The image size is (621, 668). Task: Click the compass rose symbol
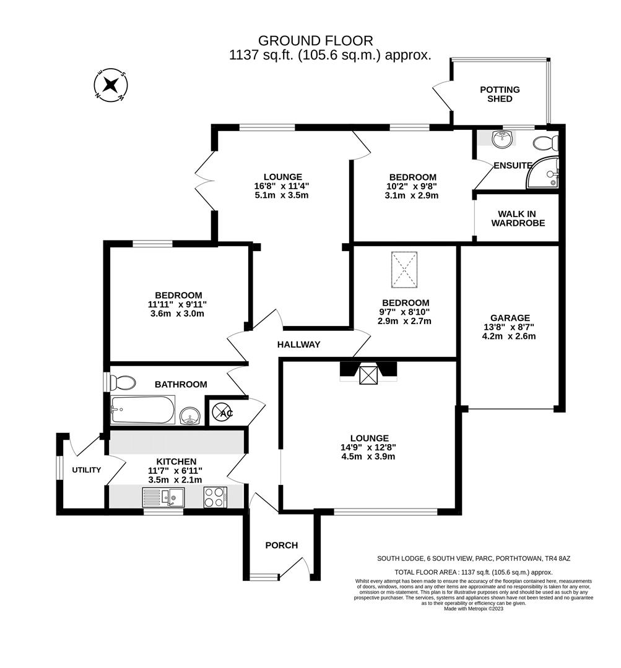pyautogui.click(x=110, y=85)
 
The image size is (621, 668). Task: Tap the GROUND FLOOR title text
pyautogui.click(x=316, y=41)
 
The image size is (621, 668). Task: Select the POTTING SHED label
pyautogui.click(x=500, y=94)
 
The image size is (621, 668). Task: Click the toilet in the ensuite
pyautogui.click(x=545, y=143)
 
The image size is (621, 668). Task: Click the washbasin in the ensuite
pyautogui.click(x=502, y=140)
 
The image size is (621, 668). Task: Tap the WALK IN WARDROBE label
pyautogui.click(x=518, y=218)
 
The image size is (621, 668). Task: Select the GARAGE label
pyautogui.click(x=511, y=317)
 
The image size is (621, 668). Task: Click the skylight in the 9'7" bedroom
pyautogui.click(x=404, y=270)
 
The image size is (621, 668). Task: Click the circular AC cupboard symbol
pyautogui.click(x=222, y=412)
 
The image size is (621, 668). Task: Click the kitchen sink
pyautogui.click(x=163, y=496)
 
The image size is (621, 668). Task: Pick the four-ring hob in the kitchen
pyautogui.click(x=215, y=496)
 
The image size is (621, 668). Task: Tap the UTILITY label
pyautogui.click(x=86, y=470)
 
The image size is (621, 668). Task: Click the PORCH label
pyautogui.click(x=282, y=545)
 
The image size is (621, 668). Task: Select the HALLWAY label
pyautogui.click(x=298, y=345)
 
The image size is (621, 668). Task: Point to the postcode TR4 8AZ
pyautogui.click(x=553, y=558)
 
